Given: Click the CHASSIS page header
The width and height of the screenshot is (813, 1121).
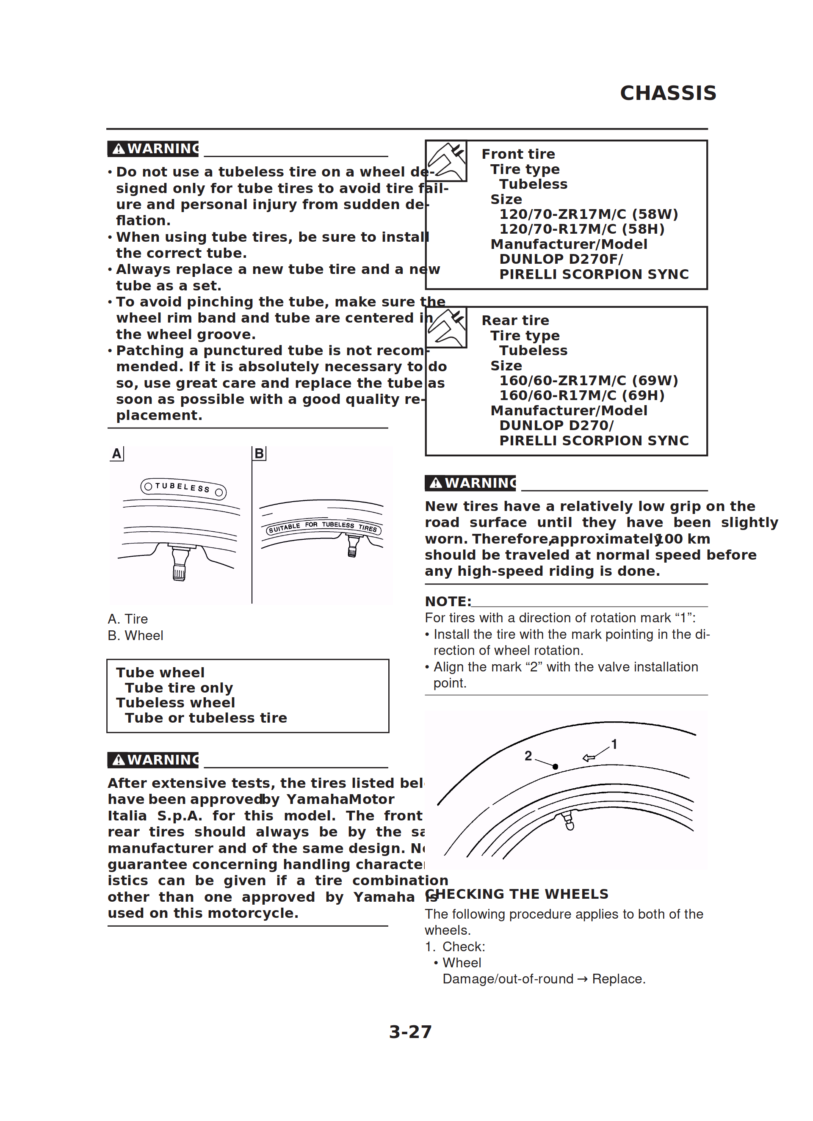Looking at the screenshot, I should click(668, 93).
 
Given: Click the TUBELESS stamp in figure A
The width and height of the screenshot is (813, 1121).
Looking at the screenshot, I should click(183, 489).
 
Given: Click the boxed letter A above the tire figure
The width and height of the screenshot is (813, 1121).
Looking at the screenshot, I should click(117, 454).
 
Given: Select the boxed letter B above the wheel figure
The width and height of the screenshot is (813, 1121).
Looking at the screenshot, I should click(259, 454).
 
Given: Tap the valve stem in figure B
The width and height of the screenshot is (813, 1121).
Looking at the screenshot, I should click(353, 546).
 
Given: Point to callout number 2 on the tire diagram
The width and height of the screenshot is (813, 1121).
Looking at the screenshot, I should click(528, 756).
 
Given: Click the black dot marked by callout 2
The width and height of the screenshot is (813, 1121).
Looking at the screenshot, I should click(556, 767).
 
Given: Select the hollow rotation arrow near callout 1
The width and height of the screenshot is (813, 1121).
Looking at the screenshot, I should click(589, 757).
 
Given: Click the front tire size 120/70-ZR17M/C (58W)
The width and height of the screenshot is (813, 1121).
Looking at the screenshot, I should click(589, 214).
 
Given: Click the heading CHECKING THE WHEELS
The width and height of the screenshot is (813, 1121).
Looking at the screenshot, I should click(517, 894).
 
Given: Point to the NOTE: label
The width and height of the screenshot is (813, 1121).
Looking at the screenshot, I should click(448, 602).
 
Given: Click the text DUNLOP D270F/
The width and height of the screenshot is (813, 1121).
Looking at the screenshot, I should click(561, 259).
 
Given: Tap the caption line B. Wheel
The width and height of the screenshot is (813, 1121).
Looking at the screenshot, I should click(135, 635).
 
